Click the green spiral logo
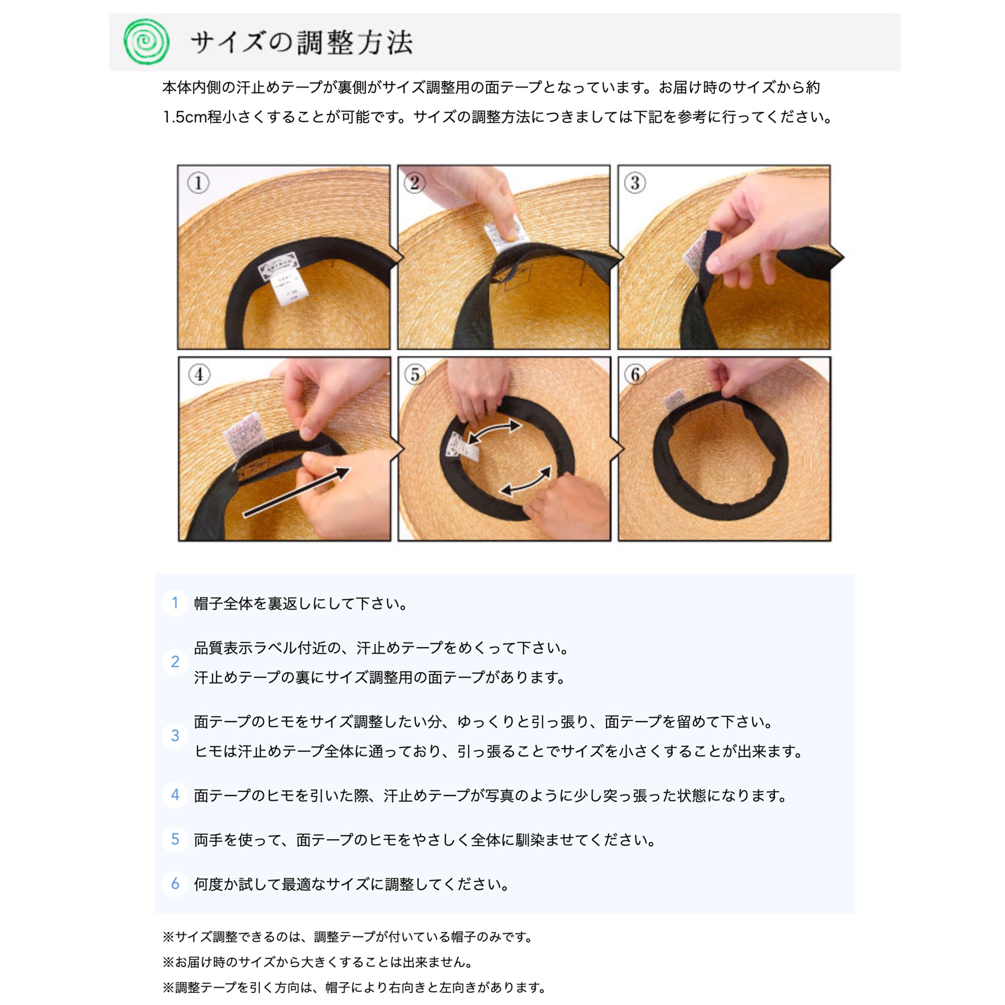tap(146, 42)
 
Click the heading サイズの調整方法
tap(301, 43)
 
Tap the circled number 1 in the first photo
tap(198, 183)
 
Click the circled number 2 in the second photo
tap(415, 182)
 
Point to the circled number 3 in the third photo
tap(635, 183)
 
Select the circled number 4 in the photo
tap(199, 374)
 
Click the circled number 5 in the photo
tap(415, 374)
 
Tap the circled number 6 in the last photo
tap(635, 374)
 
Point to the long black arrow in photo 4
tap(297, 491)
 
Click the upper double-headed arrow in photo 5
tap(493, 432)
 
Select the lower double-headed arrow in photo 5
tap(526, 481)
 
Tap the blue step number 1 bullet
tap(175, 603)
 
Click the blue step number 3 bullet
tap(175, 736)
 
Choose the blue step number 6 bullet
tap(175, 884)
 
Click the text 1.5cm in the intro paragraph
tap(184, 117)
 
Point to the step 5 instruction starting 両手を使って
tap(424, 840)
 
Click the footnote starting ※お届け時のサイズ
tap(317, 962)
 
